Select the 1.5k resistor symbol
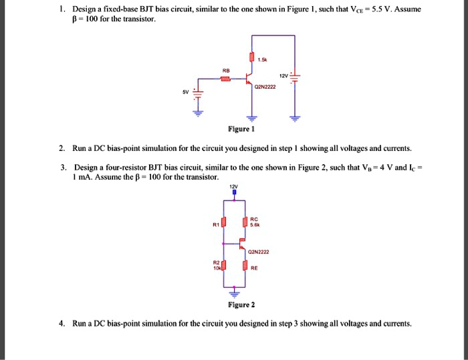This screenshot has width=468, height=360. tap(251, 57)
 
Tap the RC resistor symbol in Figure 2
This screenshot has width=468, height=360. tap(245, 222)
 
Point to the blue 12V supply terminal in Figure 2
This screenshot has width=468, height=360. tap(234, 193)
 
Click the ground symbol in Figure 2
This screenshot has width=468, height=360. tap(234, 293)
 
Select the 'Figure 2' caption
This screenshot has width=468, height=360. tap(241, 305)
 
